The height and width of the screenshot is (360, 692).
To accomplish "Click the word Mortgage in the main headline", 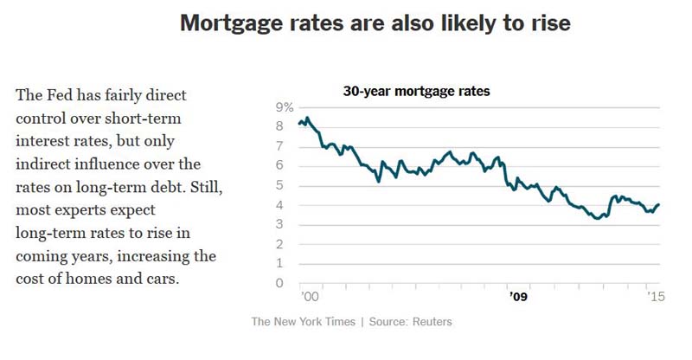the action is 232,24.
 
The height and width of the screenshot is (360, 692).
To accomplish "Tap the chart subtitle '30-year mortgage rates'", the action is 416,92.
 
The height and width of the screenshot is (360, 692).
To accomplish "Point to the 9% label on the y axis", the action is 285,107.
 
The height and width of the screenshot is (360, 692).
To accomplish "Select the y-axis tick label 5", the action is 279,185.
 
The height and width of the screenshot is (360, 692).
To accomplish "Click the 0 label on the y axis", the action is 279,283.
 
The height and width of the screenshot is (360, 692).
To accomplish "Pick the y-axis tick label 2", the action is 279,244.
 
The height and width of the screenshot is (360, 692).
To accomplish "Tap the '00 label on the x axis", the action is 309,296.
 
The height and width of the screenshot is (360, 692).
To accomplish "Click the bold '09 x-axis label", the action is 518,296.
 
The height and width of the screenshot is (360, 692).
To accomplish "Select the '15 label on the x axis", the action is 656,296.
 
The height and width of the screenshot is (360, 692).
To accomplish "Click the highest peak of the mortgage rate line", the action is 308,118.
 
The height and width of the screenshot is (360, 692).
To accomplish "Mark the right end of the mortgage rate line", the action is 659,204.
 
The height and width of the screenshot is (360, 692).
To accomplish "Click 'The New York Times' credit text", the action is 304,322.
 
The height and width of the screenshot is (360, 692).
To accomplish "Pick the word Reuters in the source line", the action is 432,322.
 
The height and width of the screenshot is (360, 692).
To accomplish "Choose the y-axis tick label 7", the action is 279,146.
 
